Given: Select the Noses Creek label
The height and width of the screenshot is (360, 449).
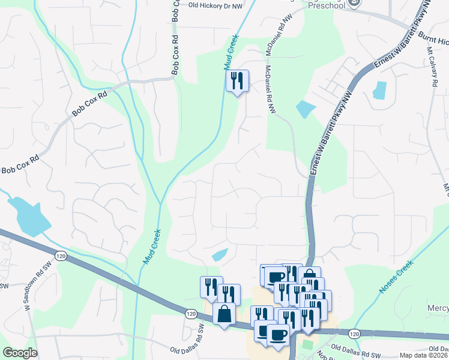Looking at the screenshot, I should pos(397,277).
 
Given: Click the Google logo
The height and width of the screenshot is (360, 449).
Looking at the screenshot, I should pos(20,353).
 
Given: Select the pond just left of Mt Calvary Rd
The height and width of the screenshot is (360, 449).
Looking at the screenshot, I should pos(380,90).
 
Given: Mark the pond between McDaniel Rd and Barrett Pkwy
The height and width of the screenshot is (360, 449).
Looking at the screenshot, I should pos(306,109).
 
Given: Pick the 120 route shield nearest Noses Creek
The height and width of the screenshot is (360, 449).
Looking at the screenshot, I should pos(354,334).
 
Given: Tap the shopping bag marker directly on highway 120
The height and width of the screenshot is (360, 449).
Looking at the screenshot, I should pos(224,314).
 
